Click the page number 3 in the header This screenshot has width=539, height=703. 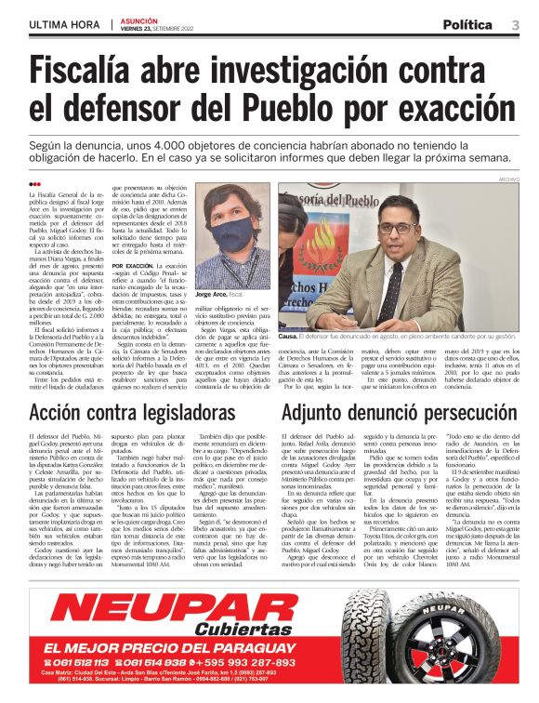516,25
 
